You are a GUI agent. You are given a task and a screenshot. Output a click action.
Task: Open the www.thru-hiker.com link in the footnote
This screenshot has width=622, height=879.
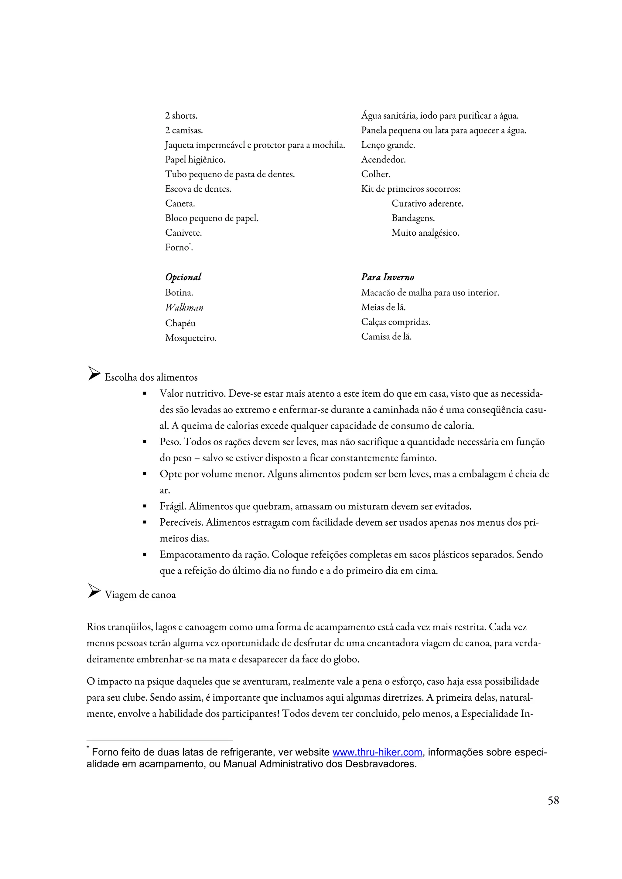point(377,752)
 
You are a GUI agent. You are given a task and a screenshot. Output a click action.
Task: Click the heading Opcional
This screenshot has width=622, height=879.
point(183,277)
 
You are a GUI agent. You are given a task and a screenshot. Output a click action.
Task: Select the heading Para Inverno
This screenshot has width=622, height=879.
point(388,277)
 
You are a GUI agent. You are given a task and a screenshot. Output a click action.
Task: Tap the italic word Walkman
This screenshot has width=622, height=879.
point(184,308)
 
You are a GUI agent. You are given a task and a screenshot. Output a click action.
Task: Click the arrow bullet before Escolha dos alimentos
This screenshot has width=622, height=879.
point(94,374)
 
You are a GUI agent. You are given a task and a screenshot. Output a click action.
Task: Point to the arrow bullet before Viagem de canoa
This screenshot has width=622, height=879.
point(94,591)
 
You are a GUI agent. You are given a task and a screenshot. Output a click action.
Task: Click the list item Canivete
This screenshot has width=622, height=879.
point(183,233)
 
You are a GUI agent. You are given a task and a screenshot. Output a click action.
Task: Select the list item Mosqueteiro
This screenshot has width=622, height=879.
point(190,338)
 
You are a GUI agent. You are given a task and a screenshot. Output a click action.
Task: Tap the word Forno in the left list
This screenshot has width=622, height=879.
point(177,248)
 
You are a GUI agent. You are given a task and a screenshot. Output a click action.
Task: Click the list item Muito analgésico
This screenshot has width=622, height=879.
point(425,233)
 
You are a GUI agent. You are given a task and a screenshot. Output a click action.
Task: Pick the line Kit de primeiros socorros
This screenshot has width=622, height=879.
point(410,189)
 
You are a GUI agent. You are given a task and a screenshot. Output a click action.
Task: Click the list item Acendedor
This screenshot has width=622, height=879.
point(383,160)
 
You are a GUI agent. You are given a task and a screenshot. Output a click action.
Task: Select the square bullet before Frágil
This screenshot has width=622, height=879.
point(145,507)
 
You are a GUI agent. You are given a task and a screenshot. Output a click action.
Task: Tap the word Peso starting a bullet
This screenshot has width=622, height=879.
point(170,442)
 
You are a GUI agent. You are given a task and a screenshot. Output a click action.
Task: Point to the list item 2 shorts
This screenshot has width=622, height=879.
point(181,116)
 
